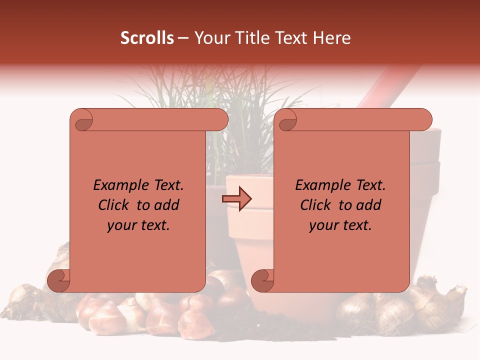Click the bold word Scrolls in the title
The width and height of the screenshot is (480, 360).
click(x=147, y=38)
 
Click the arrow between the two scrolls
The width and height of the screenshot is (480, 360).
click(x=236, y=199)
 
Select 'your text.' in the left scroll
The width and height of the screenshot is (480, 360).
click(x=138, y=225)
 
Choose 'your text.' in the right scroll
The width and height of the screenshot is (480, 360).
click(x=340, y=225)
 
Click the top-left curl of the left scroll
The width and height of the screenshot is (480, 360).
click(x=82, y=120)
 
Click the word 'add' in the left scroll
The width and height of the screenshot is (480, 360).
click(x=166, y=205)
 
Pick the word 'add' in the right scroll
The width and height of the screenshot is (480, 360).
click(x=369, y=205)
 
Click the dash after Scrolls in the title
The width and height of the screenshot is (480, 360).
click(x=183, y=38)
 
